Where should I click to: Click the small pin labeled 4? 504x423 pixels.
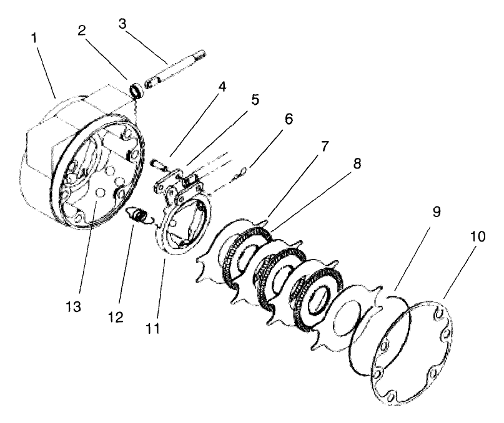pyautogui.click(x=159, y=163)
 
